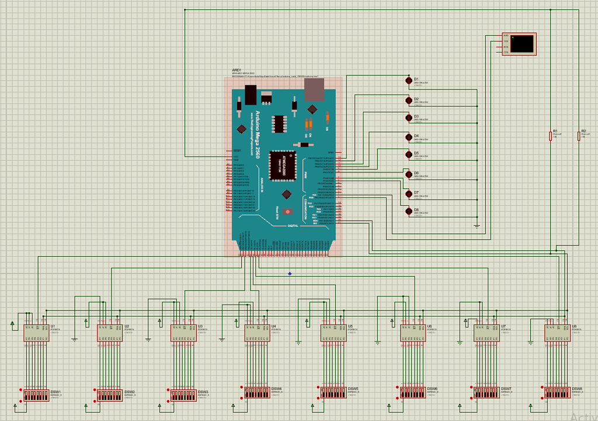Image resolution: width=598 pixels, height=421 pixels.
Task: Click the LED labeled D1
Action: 409,80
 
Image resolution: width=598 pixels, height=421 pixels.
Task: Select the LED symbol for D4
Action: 409,137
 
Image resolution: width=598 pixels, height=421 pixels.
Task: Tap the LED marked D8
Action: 409,210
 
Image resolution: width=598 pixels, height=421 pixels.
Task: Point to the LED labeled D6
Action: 409,174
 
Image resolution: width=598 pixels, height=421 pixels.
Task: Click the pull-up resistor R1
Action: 551,136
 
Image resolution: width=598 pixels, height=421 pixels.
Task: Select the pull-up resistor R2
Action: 579,136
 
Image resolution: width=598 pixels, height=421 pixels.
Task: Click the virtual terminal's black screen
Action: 521,44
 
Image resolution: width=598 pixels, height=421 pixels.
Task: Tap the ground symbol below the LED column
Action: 477,225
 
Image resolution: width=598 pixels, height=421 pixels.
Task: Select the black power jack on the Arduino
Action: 251,94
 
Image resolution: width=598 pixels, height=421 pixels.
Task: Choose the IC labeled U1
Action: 36,333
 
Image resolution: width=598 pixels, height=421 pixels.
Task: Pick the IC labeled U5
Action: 333,333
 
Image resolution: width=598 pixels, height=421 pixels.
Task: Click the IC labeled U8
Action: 558,333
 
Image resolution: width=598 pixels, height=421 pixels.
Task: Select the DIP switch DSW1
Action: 36,396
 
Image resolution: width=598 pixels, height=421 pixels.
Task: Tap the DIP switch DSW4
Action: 257,392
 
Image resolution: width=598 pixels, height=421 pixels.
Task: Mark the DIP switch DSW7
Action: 486,392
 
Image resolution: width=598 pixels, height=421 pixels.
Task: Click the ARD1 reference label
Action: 237,70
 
